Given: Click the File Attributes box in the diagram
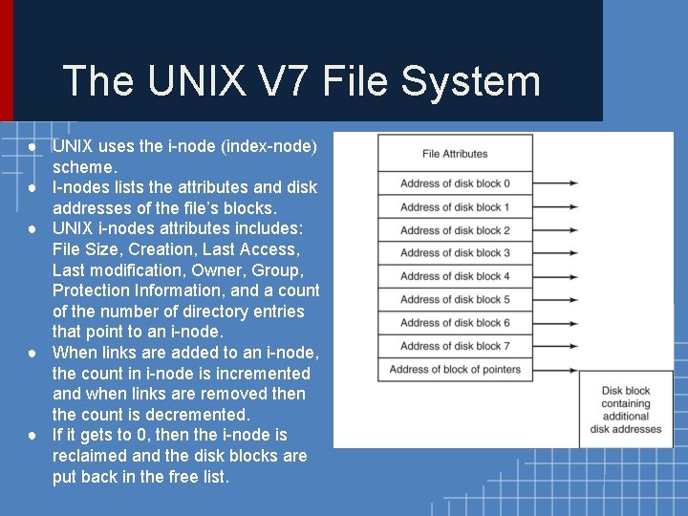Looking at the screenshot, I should click(455, 154).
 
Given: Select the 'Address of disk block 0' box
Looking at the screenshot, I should click(455, 183).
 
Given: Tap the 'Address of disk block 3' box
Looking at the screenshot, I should click(455, 253).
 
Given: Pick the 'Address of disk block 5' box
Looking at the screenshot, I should click(455, 299).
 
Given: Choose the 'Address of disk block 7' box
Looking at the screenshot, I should click(455, 346).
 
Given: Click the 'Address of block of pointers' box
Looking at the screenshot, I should click(455, 370).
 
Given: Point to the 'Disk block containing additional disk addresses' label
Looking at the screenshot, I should click(626, 410).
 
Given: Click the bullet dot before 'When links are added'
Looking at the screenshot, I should click(32, 353).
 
